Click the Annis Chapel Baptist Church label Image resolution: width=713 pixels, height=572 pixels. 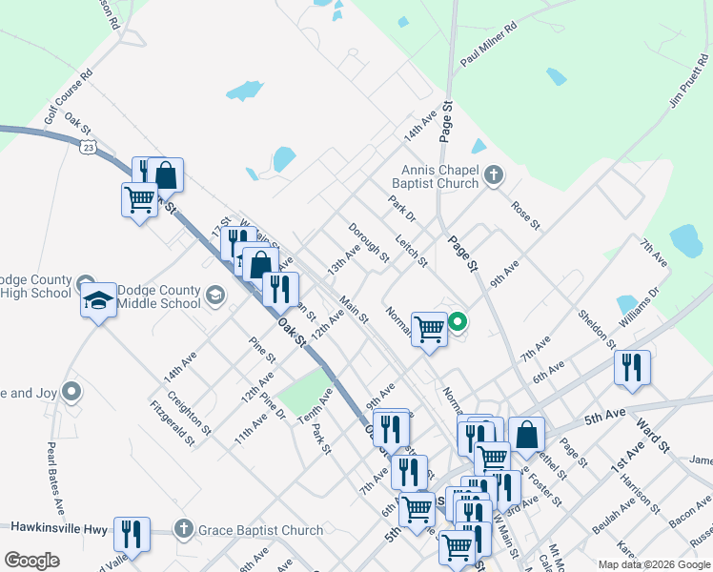click(x=435, y=175)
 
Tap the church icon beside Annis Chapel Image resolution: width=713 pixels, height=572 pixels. click(x=493, y=174)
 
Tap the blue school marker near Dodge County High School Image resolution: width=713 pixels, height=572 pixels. click(x=98, y=300)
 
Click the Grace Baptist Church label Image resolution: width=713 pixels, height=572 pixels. click(x=259, y=530)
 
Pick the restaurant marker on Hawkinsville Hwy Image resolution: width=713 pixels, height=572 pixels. click(x=130, y=534)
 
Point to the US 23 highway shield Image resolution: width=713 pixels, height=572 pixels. click(x=88, y=147)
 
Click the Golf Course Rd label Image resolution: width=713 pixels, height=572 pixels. click(x=68, y=99)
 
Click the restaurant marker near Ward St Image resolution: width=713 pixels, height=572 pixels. click(x=631, y=368)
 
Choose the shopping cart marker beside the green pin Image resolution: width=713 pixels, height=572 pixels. click(x=429, y=329)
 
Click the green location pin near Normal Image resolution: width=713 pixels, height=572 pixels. click(x=458, y=322)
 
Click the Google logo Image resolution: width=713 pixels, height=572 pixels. click(x=32, y=561)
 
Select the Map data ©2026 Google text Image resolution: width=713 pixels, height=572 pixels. click(x=653, y=564)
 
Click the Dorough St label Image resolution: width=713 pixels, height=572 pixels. click(x=368, y=243)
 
